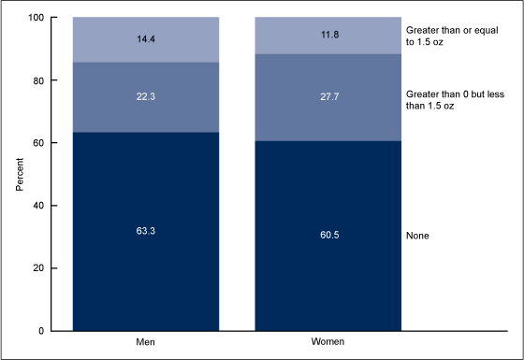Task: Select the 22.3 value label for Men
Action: pyautogui.click(x=145, y=95)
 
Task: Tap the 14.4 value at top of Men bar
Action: pyautogui.click(x=145, y=39)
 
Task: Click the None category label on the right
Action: pyautogui.click(x=418, y=236)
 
